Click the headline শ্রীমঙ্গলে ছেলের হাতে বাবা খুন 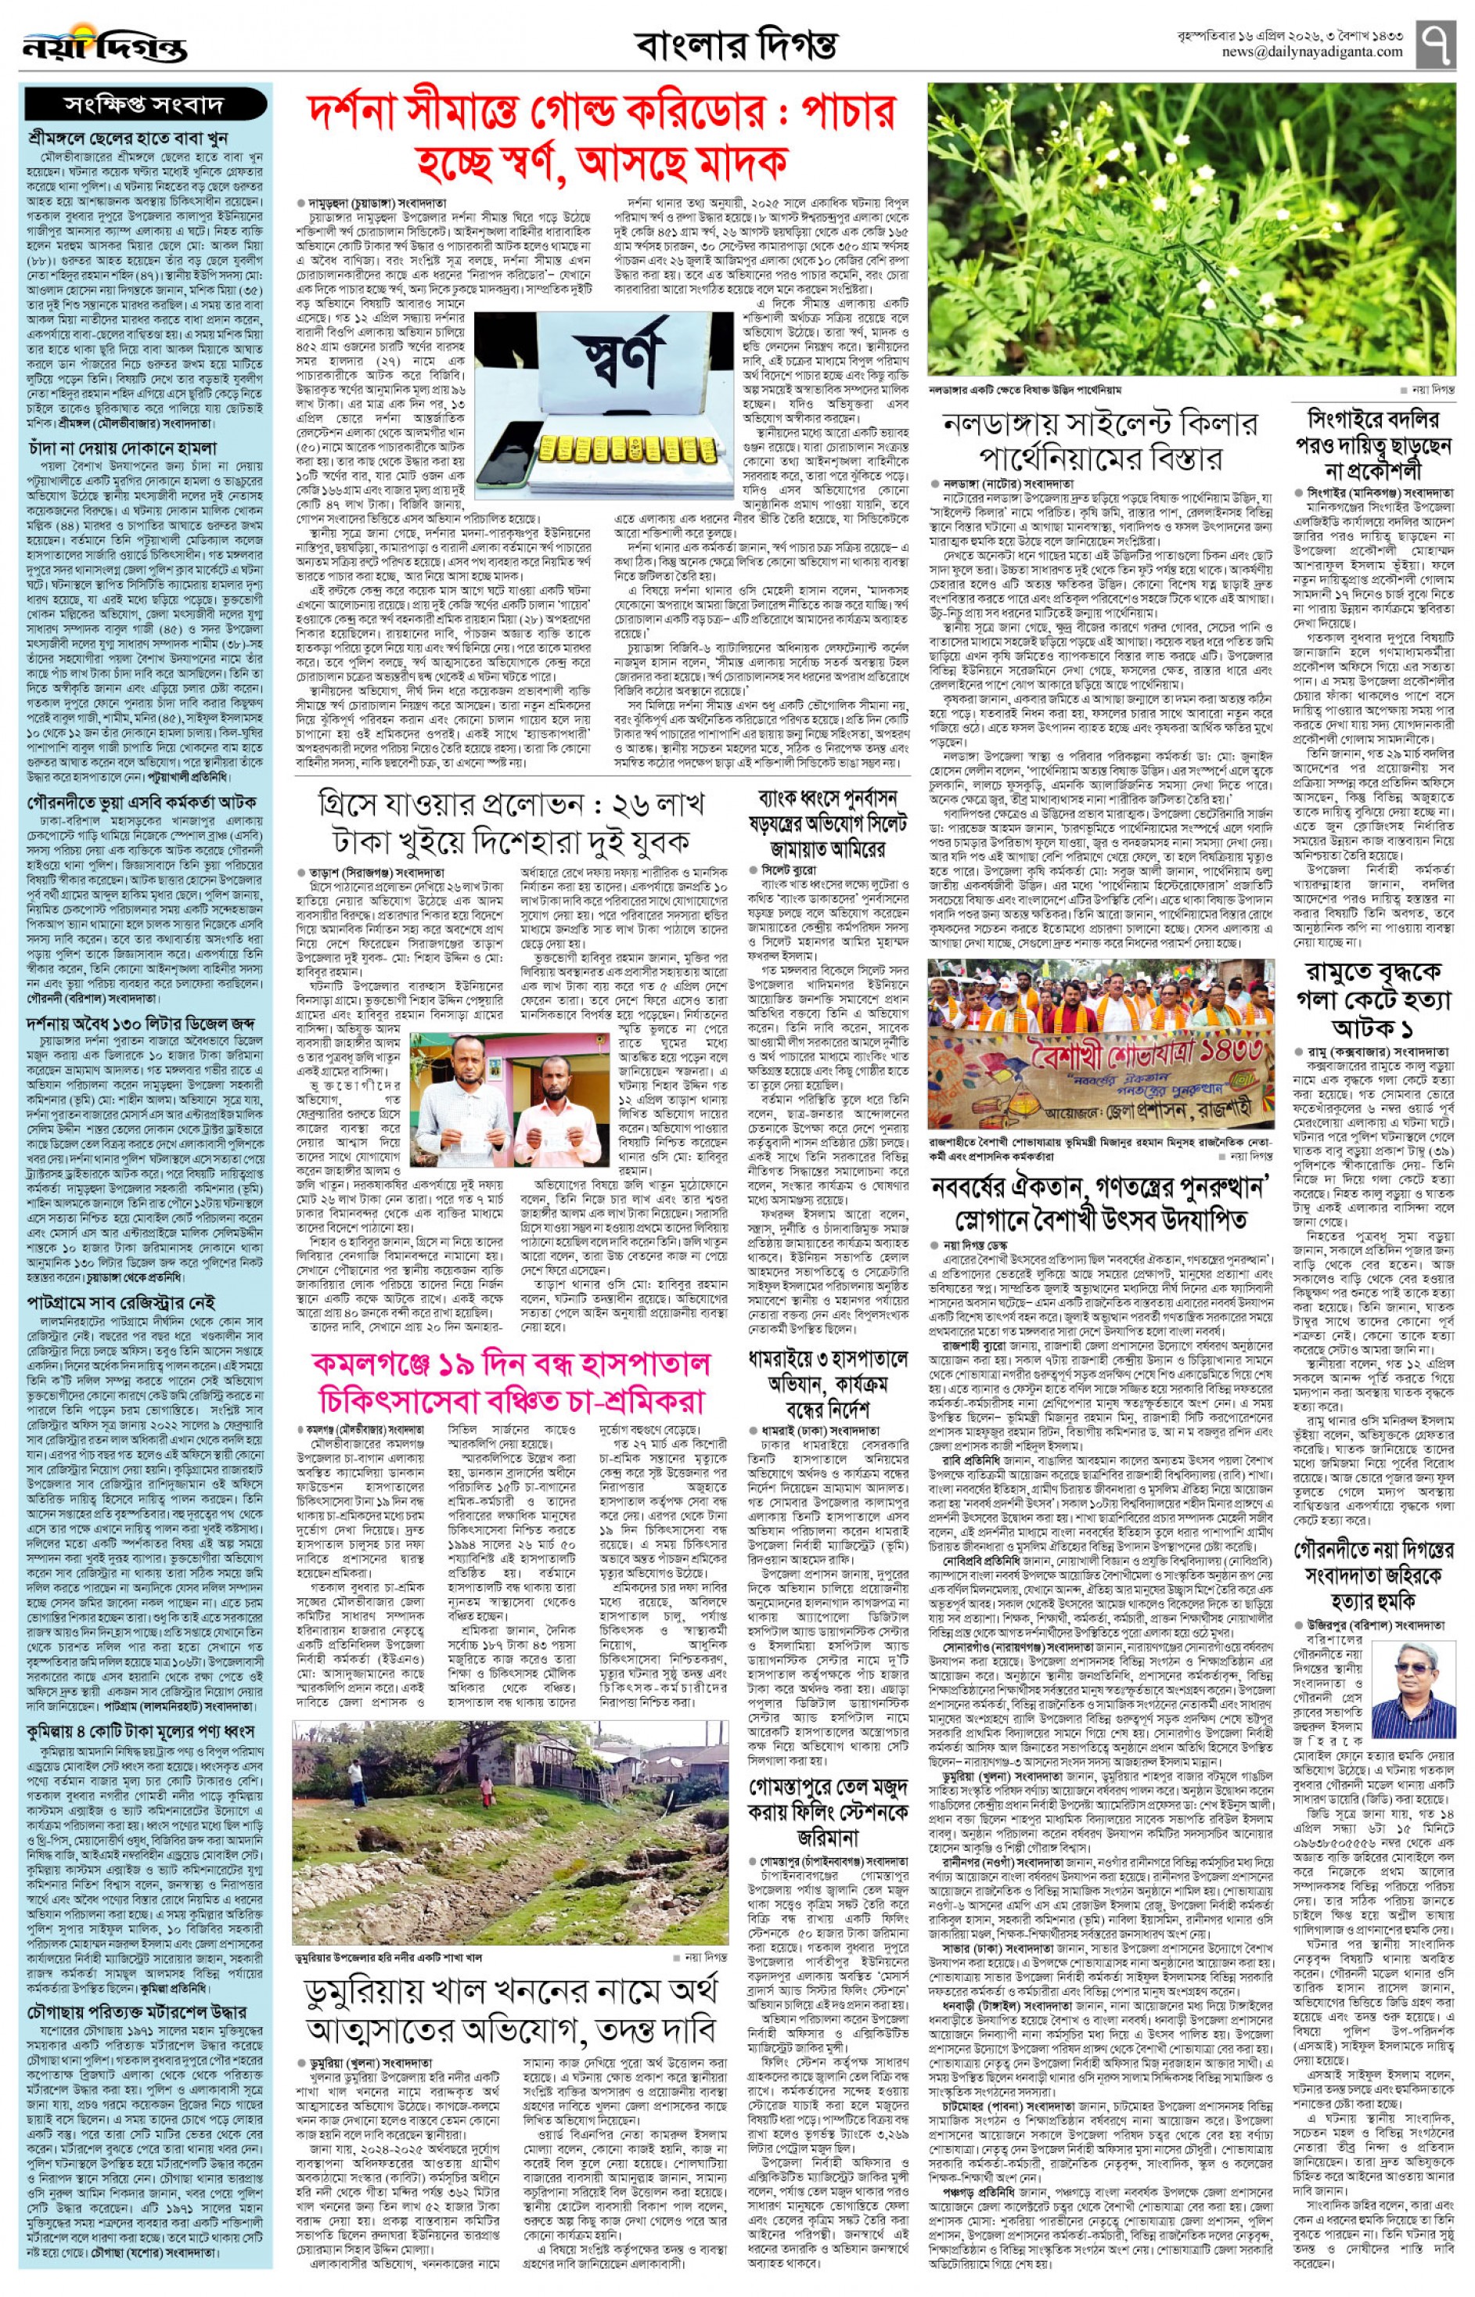pyautogui.click(x=128, y=138)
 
